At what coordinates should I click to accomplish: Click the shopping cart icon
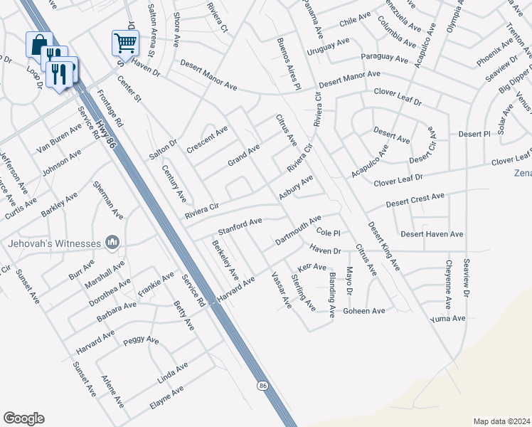pos(125,43)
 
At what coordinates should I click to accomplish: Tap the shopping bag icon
pos(39,44)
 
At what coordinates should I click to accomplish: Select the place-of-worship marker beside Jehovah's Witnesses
pos(111,243)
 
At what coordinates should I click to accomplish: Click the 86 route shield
pos(263,385)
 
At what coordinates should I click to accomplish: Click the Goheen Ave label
pos(363,311)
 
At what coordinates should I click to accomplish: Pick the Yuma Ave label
pos(447,318)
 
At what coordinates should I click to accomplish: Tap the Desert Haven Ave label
pos(432,233)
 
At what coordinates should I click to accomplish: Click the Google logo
pos(23,418)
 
